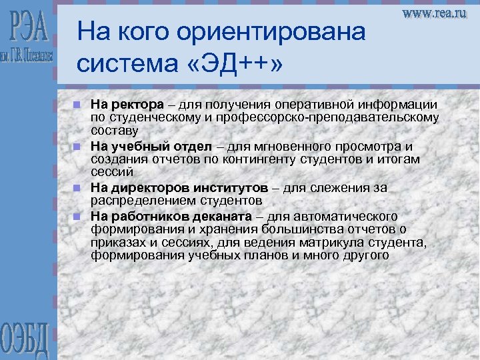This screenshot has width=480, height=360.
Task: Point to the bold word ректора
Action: (x=137, y=105)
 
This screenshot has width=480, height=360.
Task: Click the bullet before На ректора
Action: (x=78, y=105)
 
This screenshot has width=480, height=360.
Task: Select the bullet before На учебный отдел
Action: (x=78, y=147)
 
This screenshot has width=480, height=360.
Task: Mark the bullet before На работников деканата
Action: (x=78, y=217)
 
